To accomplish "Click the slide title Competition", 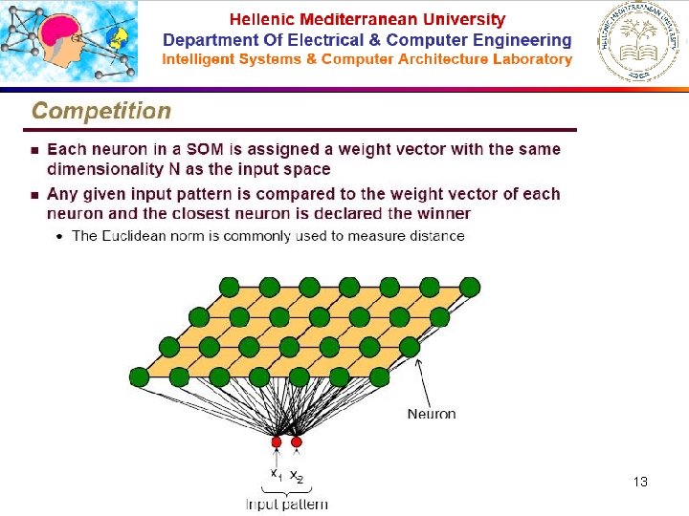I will click(x=101, y=110).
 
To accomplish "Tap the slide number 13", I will click(x=640, y=482).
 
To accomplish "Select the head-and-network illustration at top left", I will click(x=69, y=42).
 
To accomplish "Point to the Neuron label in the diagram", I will click(x=432, y=414).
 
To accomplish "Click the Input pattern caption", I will click(x=287, y=504).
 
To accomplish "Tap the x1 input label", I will click(x=276, y=473).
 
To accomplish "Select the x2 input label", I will click(x=297, y=475).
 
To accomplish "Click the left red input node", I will click(x=277, y=442).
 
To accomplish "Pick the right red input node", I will click(x=297, y=442).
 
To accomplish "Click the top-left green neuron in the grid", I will click(x=229, y=286).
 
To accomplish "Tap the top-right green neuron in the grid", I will click(x=469, y=286).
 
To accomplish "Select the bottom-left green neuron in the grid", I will click(x=140, y=376).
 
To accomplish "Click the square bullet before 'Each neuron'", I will click(x=33, y=150).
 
